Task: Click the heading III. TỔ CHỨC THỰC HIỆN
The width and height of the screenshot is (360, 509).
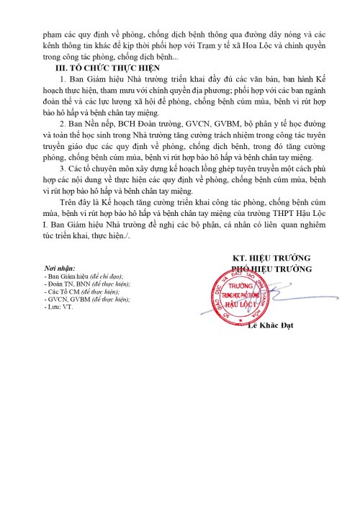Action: click(112, 67)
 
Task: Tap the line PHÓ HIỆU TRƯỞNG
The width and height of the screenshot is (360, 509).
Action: click(271, 269)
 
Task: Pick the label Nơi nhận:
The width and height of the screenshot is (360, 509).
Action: click(60, 269)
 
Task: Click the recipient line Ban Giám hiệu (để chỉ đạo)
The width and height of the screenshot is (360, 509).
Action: click(83, 276)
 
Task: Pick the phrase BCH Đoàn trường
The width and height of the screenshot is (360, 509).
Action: click(145, 124)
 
